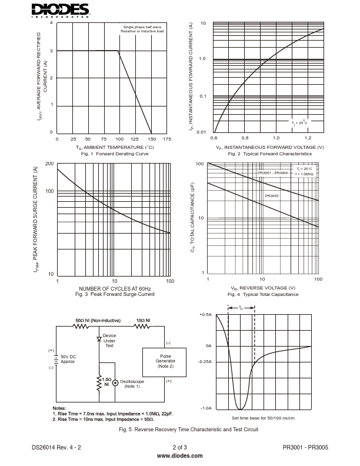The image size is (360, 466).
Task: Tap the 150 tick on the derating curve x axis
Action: pos(152,139)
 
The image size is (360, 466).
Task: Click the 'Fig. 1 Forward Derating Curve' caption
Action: pos(115,154)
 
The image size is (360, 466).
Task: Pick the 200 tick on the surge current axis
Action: pos(49,164)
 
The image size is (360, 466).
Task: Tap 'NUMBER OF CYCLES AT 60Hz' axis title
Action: pos(115,289)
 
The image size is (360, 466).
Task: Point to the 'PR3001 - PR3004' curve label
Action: pos(272,173)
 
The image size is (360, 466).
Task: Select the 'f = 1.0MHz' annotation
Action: pos(304,174)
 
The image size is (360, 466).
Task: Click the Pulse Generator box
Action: pos(165,362)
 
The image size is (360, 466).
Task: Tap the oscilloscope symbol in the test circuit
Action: pos(115,382)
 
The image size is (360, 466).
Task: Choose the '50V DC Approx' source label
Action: pos(69,360)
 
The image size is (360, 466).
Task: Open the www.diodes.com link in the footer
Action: pos(180,456)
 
